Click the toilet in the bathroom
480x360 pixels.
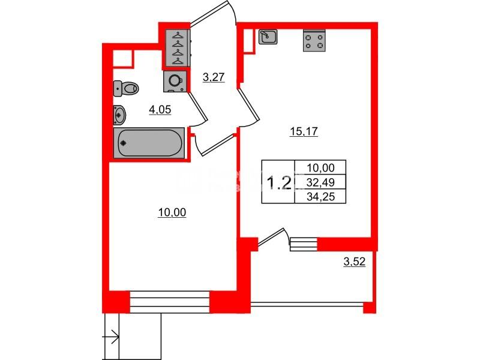[126, 88]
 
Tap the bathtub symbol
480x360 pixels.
[149, 143]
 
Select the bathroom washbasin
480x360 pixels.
[119, 115]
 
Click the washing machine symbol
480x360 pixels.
[175, 82]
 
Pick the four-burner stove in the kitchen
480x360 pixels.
[314, 40]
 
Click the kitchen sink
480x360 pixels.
[268, 37]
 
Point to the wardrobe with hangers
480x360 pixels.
[178, 48]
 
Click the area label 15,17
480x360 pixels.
[304, 131]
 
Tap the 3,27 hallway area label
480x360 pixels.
[214, 77]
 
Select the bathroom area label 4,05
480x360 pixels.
[160, 110]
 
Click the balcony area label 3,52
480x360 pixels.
[355, 262]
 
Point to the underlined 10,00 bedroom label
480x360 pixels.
[172, 212]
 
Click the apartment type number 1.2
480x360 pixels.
[279, 183]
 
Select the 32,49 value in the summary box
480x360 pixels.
[320, 182]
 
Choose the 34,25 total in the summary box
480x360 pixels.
[320, 197]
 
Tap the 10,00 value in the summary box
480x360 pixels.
[320, 168]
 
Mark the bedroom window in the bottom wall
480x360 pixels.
[170, 302]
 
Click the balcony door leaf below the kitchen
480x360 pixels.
[271, 236]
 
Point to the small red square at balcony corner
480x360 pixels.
[369, 308]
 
